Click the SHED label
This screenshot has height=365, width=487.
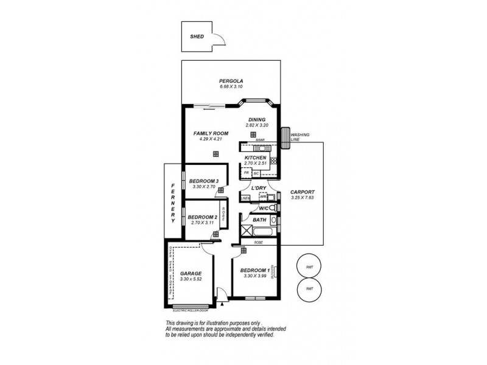[x=197, y=36]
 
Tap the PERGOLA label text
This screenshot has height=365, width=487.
[x=231, y=81]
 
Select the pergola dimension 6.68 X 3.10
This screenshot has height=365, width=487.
[x=231, y=87]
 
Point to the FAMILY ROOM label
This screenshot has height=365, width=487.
[x=211, y=133]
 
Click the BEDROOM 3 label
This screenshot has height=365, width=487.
[x=203, y=181]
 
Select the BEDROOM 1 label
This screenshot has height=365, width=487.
[x=254, y=270]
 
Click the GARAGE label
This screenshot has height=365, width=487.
[x=191, y=274]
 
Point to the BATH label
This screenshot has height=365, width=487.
[x=251, y=220]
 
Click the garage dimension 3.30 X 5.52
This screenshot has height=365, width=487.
[x=191, y=279]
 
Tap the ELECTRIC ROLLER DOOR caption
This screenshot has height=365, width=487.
[x=190, y=310]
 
